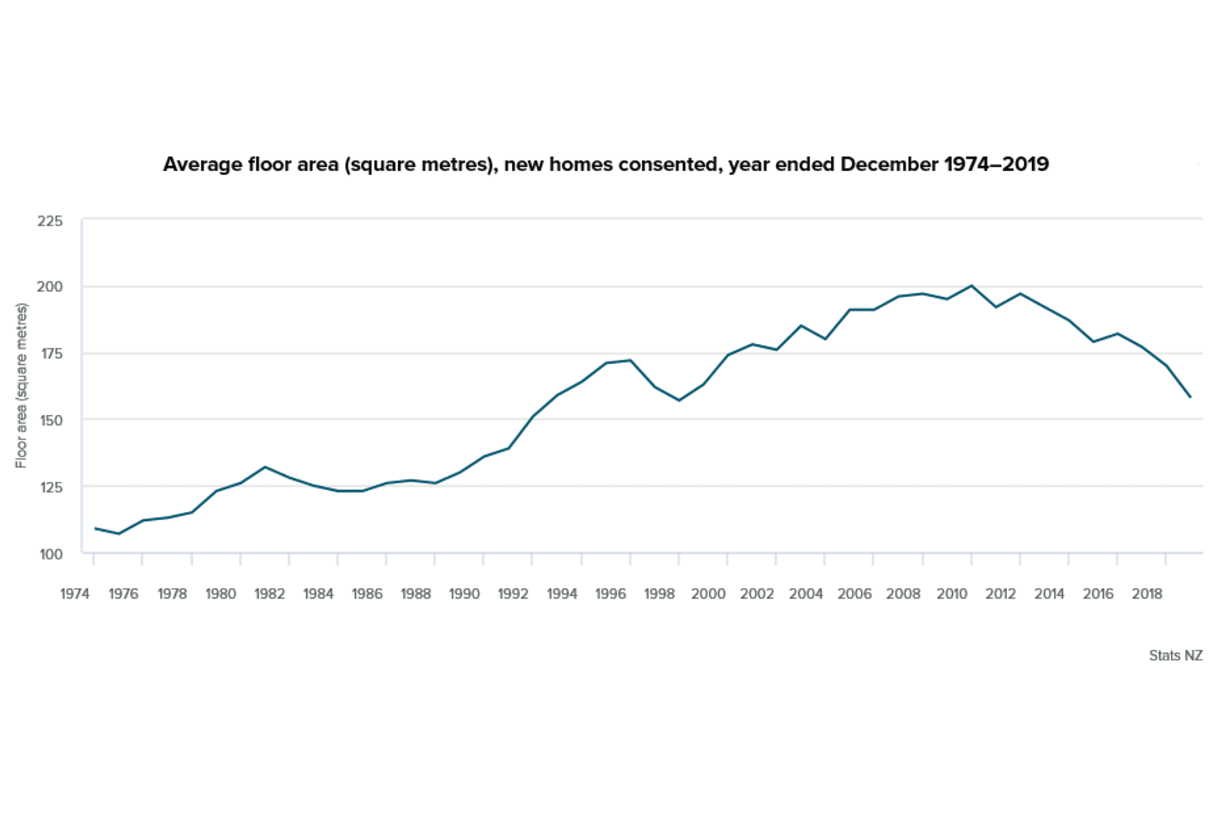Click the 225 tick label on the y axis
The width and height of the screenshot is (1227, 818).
click(x=50, y=221)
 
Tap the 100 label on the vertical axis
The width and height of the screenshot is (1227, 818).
click(x=50, y=554)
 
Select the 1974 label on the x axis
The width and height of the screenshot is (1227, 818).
click(x=75, y=594)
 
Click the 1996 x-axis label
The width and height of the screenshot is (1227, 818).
click(x=610, y=594)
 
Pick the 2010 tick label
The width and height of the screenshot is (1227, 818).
click(x=952, y=594)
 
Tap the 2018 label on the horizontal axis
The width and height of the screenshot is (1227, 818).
click(x=1146, y=594)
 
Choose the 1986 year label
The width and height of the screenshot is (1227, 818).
click(x=367, y=594)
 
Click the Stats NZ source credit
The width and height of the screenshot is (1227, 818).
click(x=1175, y=656)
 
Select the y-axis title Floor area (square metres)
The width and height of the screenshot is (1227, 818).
click(x=22, y=385)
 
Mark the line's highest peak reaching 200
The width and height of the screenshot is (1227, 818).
click(x=971, y=286)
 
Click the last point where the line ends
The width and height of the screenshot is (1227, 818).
click(x=1190, y=397)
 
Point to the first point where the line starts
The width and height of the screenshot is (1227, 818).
click(x=95, y=529)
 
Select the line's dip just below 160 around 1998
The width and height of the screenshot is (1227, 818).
click(x=679, y=400)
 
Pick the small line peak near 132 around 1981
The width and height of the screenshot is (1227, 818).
click(x=265, y=467)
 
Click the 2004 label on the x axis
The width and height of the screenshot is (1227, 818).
click(x=805, y=594)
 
